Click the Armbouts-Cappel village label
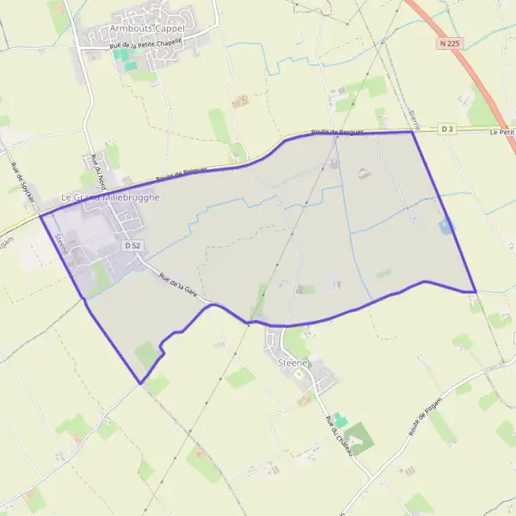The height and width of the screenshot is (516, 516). point(146,28)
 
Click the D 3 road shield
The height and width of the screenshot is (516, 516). point(446,129)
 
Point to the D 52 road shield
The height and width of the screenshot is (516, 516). point(132,246)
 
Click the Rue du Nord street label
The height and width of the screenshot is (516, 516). point(97,171)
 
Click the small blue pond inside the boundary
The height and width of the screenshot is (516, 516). point(445,225)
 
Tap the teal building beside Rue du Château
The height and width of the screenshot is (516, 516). point(340,421)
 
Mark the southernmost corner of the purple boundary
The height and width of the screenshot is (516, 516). point(140,384)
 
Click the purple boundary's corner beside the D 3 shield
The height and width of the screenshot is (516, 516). point(412,132)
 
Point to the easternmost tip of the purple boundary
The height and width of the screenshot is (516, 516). point(476,292)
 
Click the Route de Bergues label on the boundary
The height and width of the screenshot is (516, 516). point(338,133)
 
